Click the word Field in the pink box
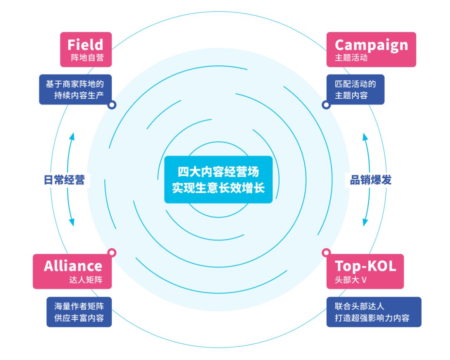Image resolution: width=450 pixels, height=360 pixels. (85, 44)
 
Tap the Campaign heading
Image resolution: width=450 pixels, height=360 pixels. (371, 44)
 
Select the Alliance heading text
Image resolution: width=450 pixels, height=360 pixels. (73, 265)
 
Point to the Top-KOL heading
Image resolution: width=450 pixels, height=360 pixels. (365, 265)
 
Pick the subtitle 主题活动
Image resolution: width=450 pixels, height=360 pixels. (351, 57)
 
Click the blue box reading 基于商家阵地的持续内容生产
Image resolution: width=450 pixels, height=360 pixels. (76, 89)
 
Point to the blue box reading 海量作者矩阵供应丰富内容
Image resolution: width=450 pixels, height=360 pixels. (79, 312)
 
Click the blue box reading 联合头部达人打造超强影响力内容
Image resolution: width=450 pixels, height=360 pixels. (373, 312)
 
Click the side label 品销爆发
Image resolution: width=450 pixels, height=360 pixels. (370, 180)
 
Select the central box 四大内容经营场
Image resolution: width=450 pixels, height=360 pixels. (218, 180)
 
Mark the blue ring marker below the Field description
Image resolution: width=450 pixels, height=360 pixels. (112, 105)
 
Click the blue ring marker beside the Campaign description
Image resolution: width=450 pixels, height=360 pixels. (326, 105)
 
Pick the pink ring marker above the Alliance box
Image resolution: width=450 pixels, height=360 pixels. (112, 252)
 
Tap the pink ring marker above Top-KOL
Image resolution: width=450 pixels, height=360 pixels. (326, 252)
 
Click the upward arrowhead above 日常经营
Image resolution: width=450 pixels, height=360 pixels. (72, 136)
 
